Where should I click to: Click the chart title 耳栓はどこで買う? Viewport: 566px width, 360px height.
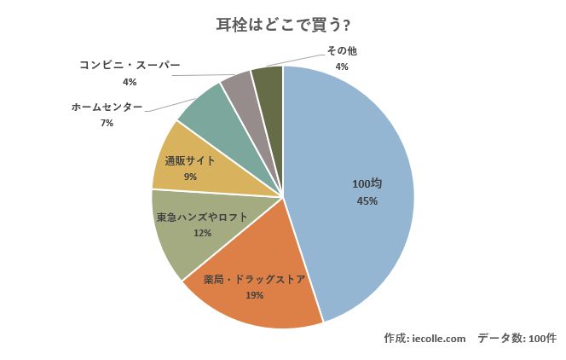[282, 25]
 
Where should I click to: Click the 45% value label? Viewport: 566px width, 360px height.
[367, 201]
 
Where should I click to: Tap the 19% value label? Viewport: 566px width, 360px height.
[254, 295]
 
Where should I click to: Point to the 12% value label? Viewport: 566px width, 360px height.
[201, 233]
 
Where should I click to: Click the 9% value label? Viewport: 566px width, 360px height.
[189, 177]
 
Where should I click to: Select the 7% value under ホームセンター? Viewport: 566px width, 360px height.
[107, 124]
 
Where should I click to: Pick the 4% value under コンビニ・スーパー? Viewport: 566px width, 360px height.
[130, 82]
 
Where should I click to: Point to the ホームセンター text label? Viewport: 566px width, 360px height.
[107, 107]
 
